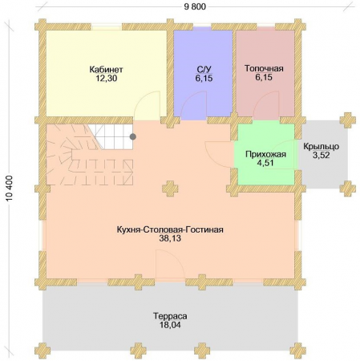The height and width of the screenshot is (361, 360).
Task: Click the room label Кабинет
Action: pos(106,70)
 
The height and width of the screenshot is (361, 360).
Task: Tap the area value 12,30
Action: pos(107,79)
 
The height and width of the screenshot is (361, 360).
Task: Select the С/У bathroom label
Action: pos(204,70)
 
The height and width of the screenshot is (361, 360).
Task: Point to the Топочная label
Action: pos(264,68)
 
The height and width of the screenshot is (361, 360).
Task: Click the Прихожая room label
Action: pos(265,154)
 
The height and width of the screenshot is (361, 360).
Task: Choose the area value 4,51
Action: pos(265,163)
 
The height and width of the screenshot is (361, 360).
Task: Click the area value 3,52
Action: pos(322,155)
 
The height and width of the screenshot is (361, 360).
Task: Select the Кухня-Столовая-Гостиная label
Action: pos(170,229)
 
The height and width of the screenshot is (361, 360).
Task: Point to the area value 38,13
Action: pos(170,238)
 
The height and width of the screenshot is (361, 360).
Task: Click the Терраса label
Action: pos(170,316)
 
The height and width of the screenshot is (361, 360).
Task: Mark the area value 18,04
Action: pos(170,325)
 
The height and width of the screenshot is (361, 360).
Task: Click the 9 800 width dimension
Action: pos(195,6)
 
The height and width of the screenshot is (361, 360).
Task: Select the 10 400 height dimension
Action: pos(9,189)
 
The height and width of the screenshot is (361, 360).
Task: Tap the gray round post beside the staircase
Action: pos(133,137)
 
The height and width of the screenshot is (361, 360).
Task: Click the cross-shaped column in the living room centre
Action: pos(170,189)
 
